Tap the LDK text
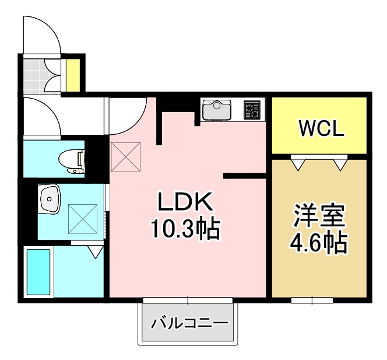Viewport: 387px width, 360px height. point(185,202)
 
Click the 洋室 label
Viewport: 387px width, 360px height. point(319,216)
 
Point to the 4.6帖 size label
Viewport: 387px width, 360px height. point(319,241)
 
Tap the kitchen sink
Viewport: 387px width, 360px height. point(217,109)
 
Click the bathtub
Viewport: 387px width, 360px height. point(39,272)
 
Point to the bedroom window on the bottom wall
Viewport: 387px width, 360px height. point(312,300)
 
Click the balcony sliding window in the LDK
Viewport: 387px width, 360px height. point(188,300)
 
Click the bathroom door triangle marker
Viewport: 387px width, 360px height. point(95,250)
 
